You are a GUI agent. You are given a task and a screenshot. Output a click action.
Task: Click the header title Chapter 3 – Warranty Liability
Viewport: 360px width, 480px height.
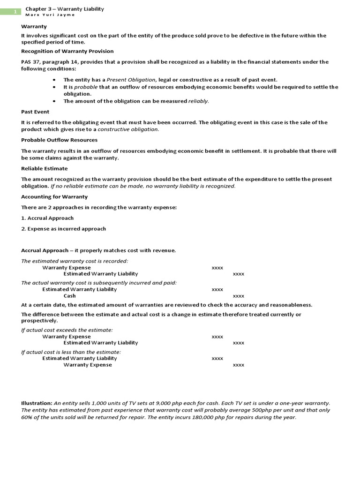tap(65, 9)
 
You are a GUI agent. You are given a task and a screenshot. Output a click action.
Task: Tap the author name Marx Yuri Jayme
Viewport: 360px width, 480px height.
tap(50, 15)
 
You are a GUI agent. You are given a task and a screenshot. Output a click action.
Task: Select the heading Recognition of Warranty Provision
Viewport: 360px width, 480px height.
tap(67, 51)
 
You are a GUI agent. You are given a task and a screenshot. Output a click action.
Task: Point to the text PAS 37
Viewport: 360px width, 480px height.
tap(31, 62)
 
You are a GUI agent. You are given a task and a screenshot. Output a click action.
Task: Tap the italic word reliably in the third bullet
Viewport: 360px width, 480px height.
tap(198, 101)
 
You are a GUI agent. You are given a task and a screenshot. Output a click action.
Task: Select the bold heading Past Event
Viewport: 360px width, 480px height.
tap(35, 112)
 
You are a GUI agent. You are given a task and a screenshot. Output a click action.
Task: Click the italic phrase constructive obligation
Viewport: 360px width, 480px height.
tap(128, 129)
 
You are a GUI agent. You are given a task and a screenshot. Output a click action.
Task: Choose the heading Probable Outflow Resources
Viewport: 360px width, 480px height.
tap(60, 140)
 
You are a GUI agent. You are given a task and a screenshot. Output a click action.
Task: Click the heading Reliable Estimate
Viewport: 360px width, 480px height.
tap(45, 168)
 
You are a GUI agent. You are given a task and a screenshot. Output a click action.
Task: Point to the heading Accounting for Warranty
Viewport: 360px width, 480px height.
tap(54, 196)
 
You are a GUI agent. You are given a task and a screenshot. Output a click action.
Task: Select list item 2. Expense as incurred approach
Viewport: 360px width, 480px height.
tap(64, 229)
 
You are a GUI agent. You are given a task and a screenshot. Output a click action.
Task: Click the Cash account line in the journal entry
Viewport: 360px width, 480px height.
tap(70, 296)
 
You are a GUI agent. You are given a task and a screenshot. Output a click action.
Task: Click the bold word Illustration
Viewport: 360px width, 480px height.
tap(37, 403)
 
